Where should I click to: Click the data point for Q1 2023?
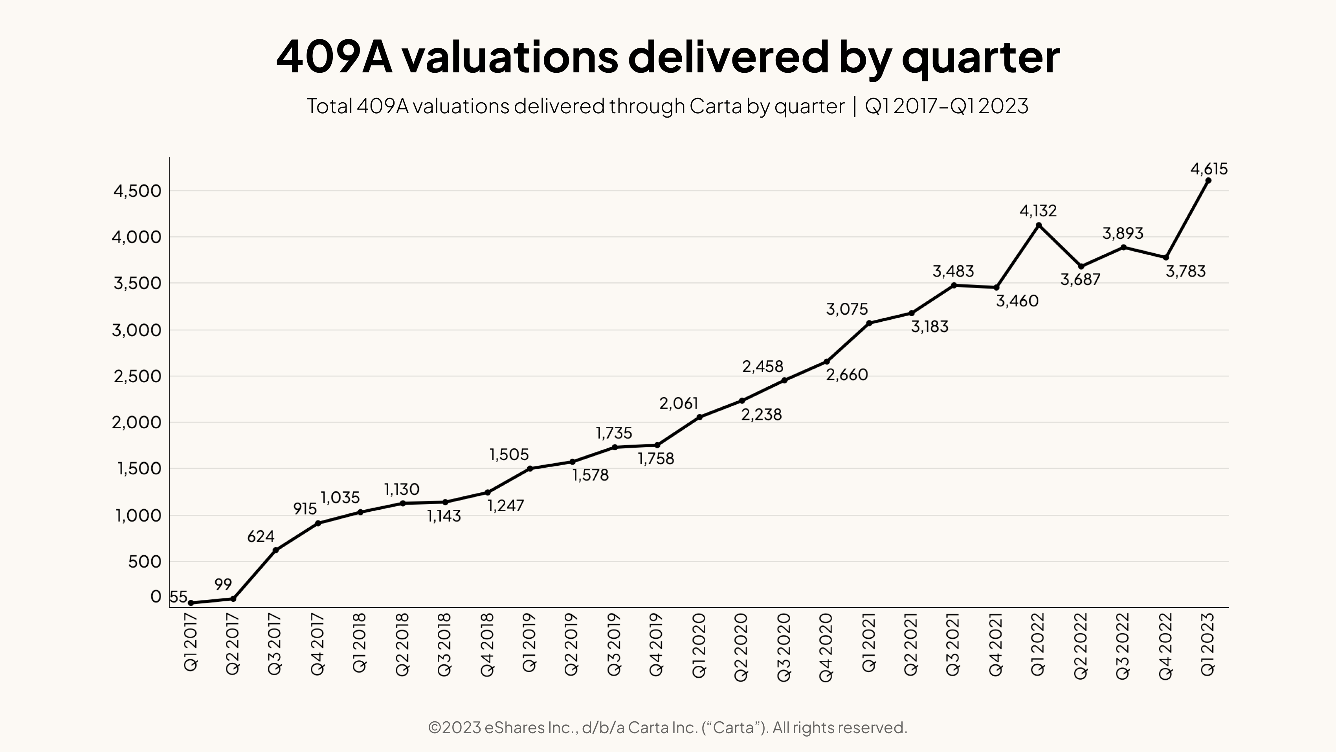[1208, 181]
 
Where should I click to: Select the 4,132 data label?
[1038, 211]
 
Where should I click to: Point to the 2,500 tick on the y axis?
[138, 376]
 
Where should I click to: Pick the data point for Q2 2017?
[233, 599]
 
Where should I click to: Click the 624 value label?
[261, 536]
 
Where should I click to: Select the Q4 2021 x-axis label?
[996, 644]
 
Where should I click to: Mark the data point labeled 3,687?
[1081, 266]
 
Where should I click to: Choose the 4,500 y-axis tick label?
[138, 191]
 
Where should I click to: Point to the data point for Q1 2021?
[869, 323]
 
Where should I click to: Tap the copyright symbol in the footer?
[435, 728]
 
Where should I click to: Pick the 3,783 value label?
[1186, 271]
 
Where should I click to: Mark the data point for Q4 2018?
[487, 492]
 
